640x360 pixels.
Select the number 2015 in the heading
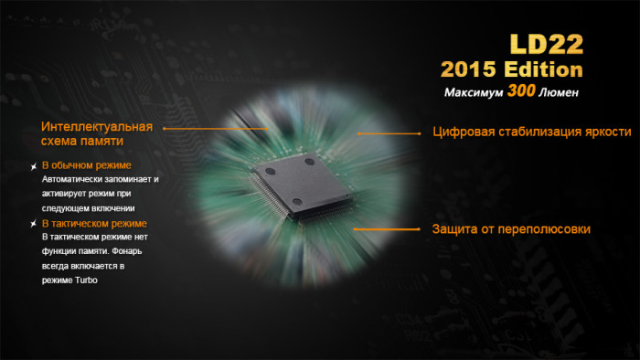pyautogui.click(x=470, y=70)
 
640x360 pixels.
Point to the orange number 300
pyautogui.click(x=524, y=92)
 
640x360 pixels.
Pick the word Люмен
pyautogui.click(x=560, y=93)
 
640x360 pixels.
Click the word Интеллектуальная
pyautogui.click(x=96, y=127)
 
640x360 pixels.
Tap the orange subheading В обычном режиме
pyautogui.click(x=87, y=165)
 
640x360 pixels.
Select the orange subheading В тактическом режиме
pyautogui.click(x=94, y=224)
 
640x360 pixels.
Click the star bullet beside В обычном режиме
pyautogui.click(x=33, y=166)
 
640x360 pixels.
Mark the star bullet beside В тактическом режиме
pyautogui.click(x=33, y=224)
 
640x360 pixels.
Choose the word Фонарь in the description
pyautogui.click(x=127, y=252)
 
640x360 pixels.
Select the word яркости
pyautogui.click(x=608, y=132)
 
